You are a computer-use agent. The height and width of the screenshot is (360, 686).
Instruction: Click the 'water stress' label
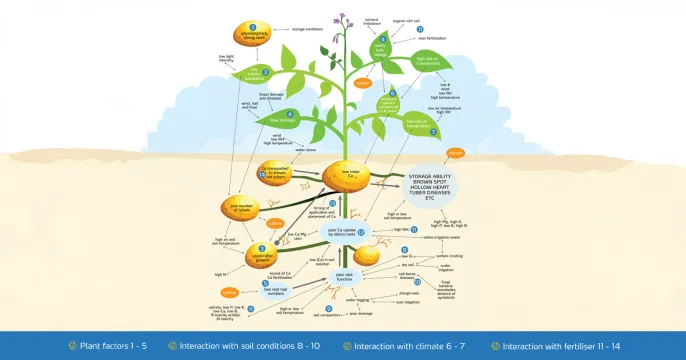click(304, 151)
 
